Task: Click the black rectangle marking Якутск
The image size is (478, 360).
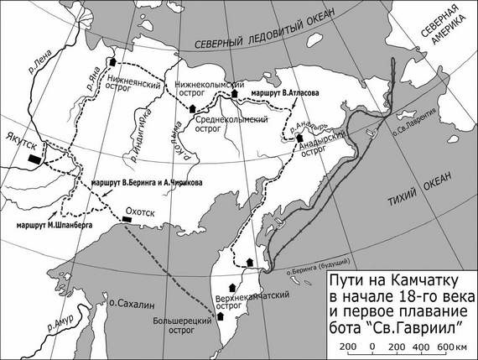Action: [34, 157]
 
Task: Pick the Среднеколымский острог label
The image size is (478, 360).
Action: [227, 125]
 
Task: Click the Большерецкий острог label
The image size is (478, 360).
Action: [194, 325]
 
